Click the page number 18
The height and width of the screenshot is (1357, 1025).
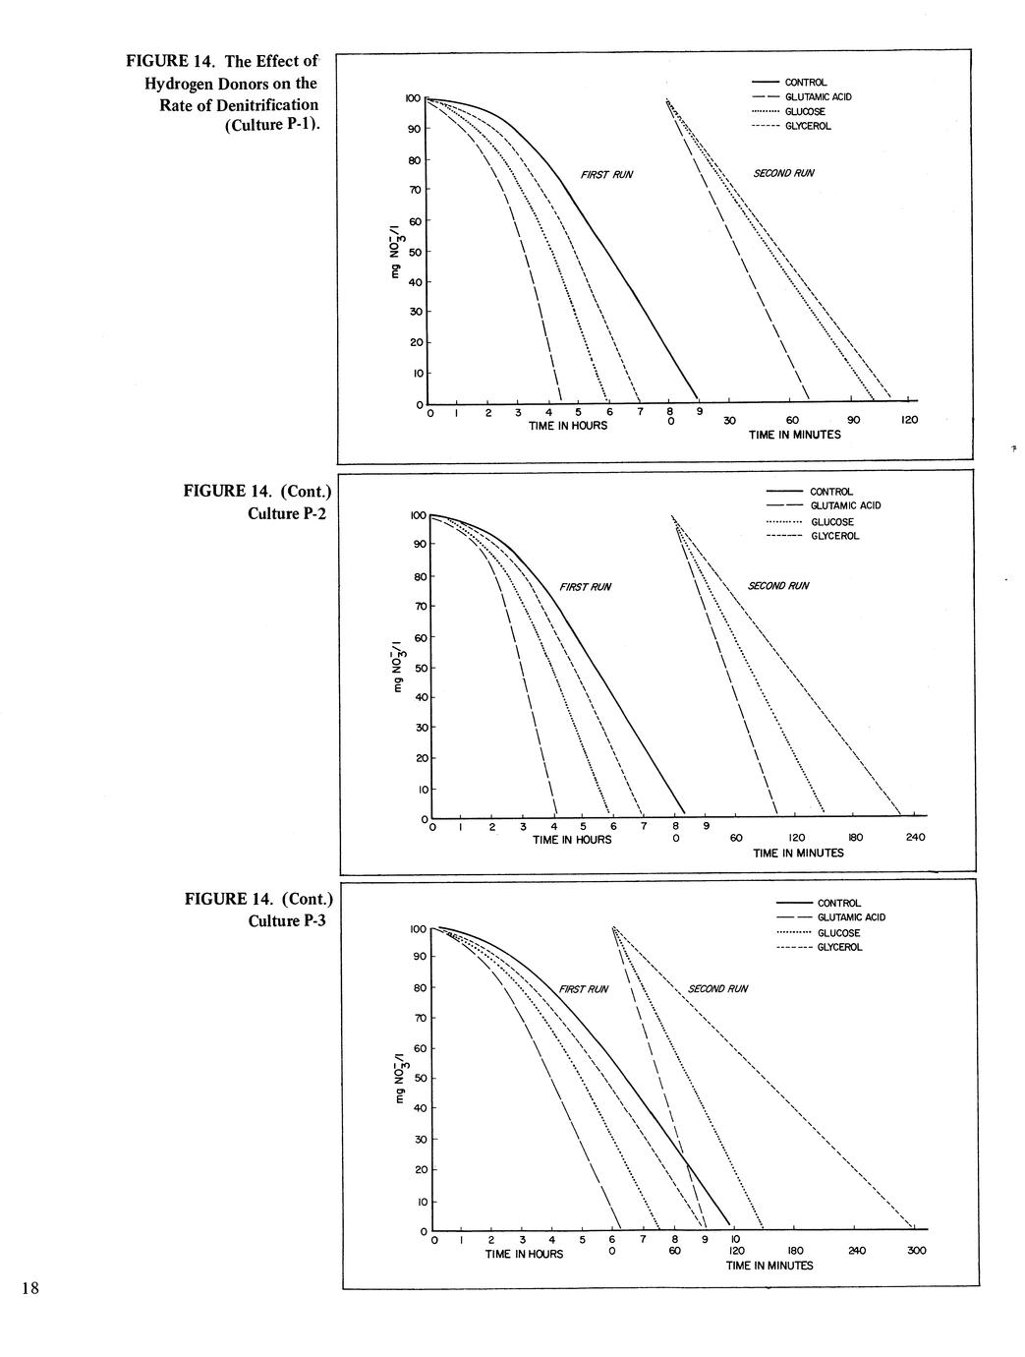(30, 1289)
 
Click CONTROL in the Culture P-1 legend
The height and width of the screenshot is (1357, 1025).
(805, 83)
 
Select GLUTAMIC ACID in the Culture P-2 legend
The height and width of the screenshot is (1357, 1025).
(845, 505)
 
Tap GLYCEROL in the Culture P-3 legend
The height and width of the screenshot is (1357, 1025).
(839, 947)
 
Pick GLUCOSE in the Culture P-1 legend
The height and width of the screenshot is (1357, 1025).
(804, 112)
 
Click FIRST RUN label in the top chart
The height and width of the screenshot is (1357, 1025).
(607, 175)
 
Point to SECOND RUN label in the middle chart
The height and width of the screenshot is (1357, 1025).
(777, 586)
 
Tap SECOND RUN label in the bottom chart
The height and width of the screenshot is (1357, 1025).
(717, 989)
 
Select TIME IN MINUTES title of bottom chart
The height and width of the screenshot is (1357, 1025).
(769, 1266)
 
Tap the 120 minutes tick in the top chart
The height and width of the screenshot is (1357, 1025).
(909, 421)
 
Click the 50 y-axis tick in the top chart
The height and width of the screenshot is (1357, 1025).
(415, 252)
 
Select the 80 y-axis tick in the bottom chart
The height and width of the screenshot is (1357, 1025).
(419, 987)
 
